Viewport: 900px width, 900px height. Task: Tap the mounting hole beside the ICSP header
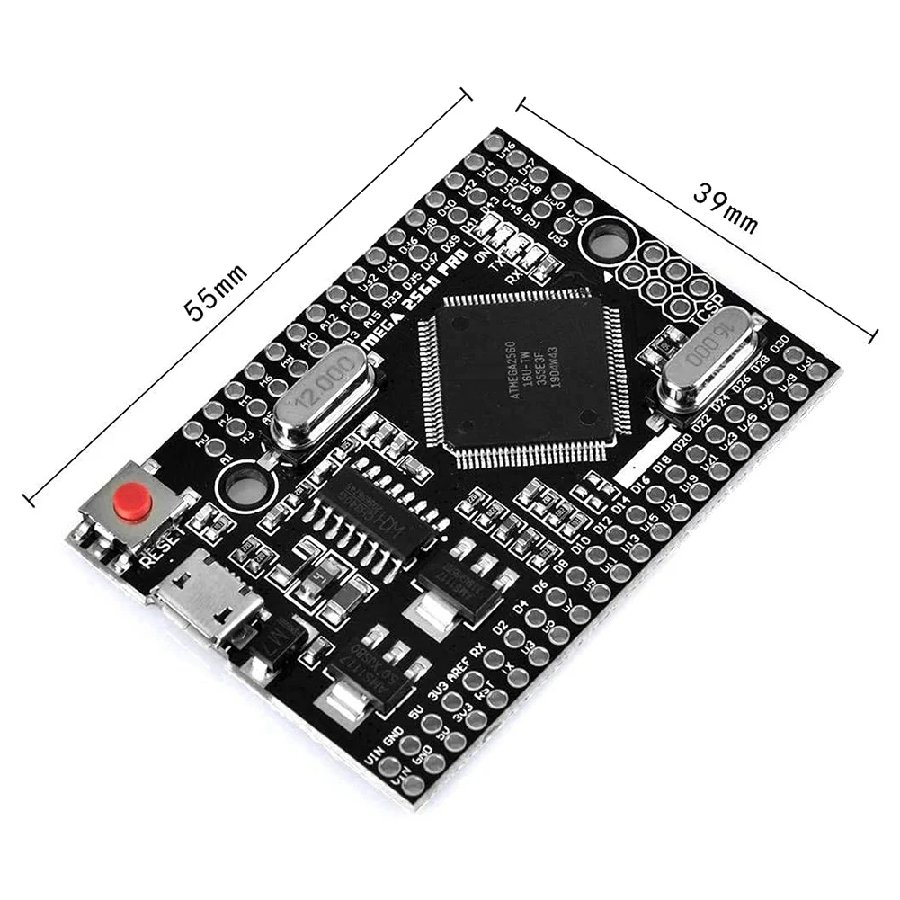tap(609, 242)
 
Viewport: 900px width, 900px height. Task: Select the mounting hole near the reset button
tap(242, 486)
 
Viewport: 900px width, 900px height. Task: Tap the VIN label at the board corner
tap(377, 756)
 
